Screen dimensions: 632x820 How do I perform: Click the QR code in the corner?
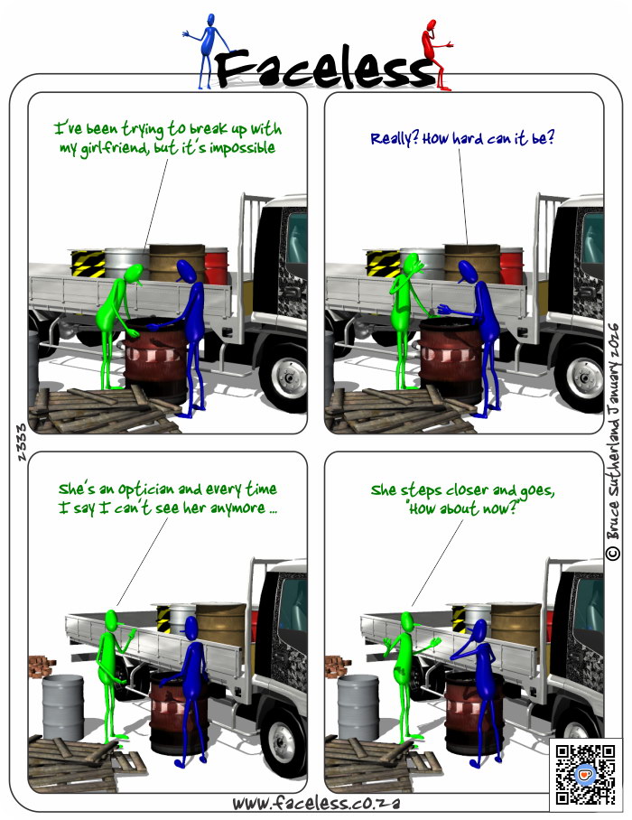pos(585,774)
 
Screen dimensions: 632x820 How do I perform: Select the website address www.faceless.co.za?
pos(316,802)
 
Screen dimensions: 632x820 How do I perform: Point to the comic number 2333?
pos(21,442)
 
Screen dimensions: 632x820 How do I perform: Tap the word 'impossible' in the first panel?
pos(242,148)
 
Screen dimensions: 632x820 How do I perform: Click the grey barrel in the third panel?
pos(62,707)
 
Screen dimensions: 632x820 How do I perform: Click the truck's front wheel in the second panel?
pos(584,377)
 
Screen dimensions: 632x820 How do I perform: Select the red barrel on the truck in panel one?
pos(217,266)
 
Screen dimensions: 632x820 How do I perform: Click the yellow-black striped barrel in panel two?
pos(383,263)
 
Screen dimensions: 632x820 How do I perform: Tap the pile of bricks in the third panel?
pos(42,666)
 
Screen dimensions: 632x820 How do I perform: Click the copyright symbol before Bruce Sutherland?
pos(613,553)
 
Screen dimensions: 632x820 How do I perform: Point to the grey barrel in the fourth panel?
pos(358,707)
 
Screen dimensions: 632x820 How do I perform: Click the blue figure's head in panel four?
pos(480,632)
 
